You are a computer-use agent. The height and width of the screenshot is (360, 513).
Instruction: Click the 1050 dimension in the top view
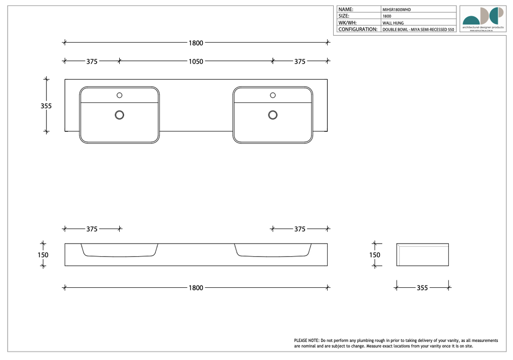195,61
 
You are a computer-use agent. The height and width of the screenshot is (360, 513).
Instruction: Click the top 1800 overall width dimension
195,43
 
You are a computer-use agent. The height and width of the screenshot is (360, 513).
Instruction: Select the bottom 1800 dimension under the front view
195,288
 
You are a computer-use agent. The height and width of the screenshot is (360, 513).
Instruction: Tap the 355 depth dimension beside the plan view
46,106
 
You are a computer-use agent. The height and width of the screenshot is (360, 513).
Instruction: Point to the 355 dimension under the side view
422,288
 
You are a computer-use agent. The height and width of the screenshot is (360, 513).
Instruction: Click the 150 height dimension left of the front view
43,255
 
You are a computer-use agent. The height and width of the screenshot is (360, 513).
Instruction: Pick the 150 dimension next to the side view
375,255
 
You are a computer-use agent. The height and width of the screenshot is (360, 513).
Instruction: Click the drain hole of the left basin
119,115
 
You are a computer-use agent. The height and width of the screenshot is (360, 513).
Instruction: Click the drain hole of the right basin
273,115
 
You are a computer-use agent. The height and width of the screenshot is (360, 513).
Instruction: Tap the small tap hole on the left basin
119,95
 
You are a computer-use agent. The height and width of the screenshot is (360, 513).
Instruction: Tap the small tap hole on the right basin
273,95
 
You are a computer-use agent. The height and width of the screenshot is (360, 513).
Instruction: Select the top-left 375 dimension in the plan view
92,61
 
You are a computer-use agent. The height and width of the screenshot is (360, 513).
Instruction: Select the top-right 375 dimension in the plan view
300,61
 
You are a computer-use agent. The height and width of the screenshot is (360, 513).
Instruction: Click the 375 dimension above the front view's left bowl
92,229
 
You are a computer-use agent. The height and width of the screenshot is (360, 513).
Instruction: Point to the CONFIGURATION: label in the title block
358,30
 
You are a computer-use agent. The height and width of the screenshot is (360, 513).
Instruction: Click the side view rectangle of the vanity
422,255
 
